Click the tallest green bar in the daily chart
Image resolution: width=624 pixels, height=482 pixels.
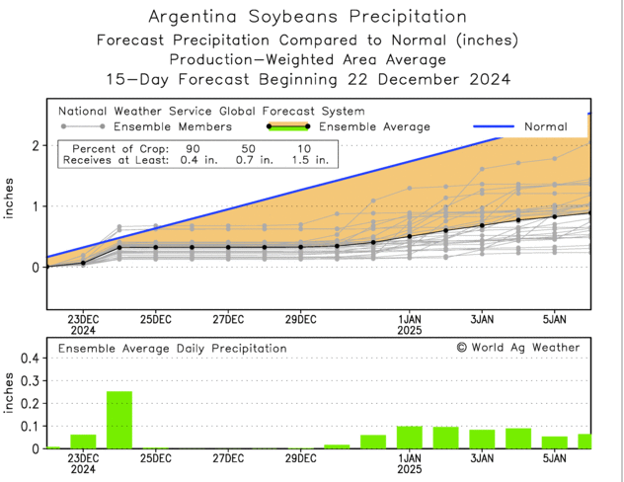119,420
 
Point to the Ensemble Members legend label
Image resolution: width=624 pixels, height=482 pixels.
172,126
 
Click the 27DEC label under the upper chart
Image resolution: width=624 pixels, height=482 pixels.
228,320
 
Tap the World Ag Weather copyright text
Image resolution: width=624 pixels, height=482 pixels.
518,348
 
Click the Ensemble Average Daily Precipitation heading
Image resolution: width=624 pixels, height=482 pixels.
173,349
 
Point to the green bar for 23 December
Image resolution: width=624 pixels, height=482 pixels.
83,442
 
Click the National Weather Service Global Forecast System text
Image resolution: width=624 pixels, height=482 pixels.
211,112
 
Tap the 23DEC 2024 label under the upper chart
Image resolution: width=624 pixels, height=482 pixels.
83,326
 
